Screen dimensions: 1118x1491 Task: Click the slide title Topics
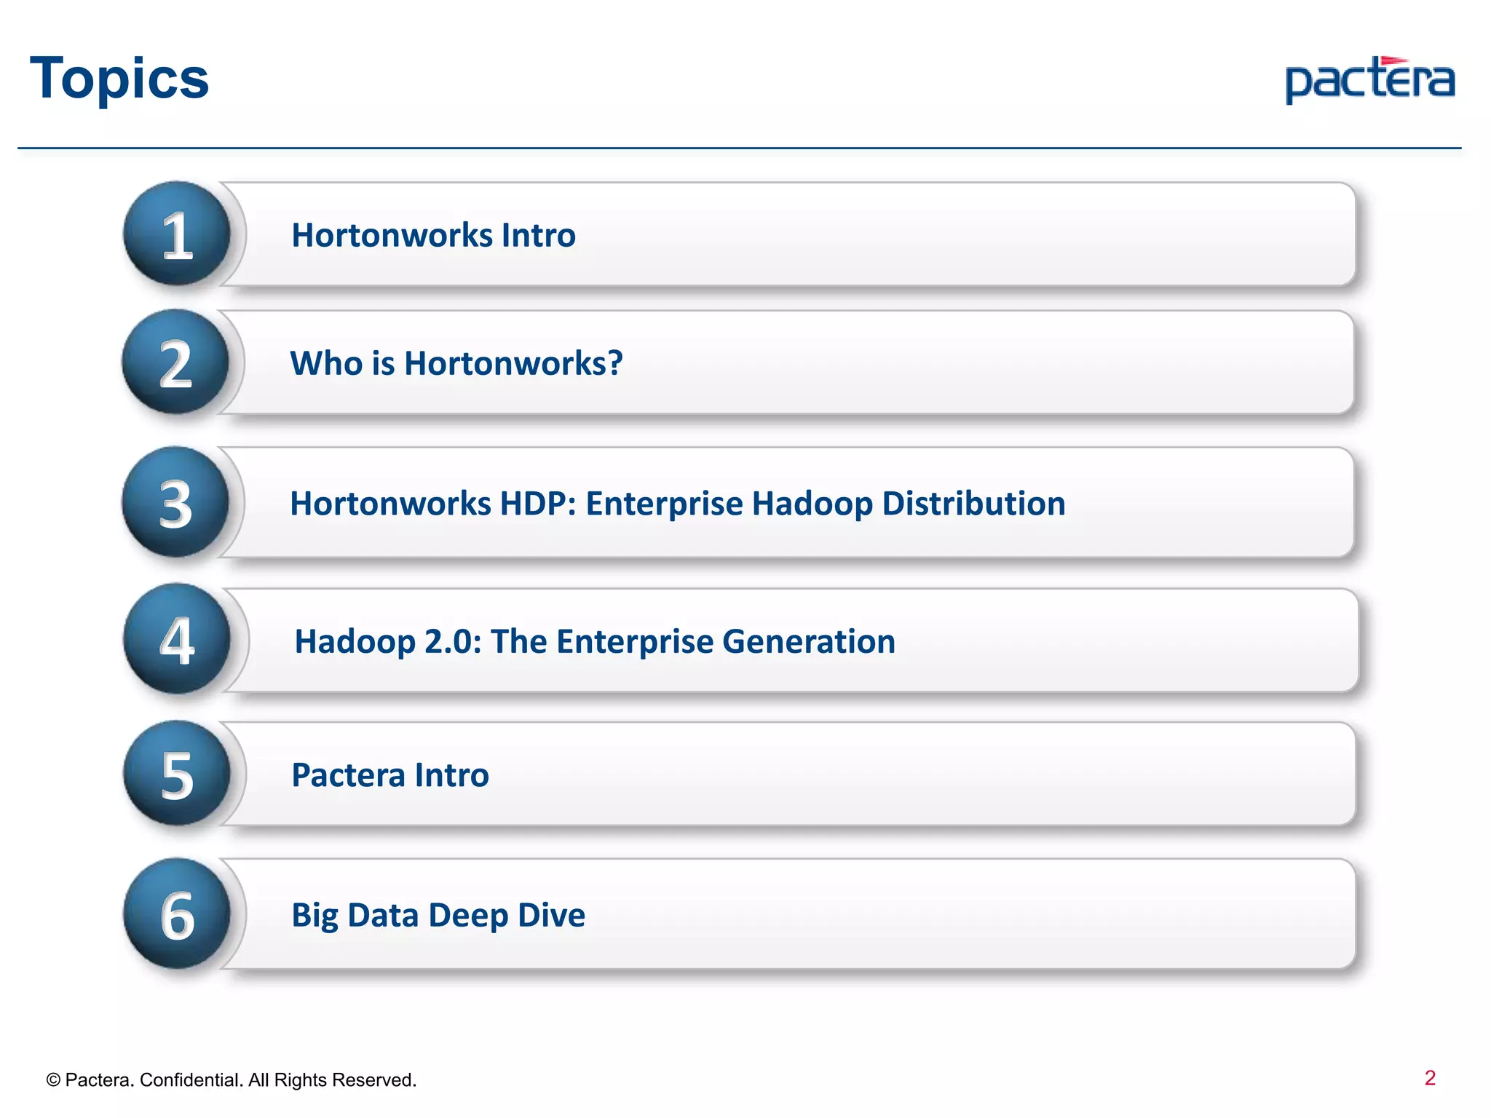click(x=119, y=79)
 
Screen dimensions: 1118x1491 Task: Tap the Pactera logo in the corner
click(x=1369, y=80)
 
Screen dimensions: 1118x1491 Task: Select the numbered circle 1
click(x=177, y=234)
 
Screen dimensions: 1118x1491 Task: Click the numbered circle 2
click(x=175, y=362)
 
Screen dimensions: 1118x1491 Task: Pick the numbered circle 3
click(x=175, y=503)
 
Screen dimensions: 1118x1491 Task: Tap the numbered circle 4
click(x=177, y=640)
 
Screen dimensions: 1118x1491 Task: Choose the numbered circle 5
click(x=177, y=774)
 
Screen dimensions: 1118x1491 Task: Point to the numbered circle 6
click(x=177, y=914)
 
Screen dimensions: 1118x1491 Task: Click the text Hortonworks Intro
click(x=433, y=235)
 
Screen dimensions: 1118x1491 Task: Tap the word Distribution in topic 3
click(x=973, y=504)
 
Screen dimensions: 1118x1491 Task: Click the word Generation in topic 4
click(x=808, y=641)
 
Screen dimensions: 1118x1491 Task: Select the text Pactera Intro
click(x=390, y=775)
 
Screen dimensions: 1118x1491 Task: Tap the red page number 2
click(x=1430, y=1078)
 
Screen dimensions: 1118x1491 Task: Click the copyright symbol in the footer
click(x=53, y=1080)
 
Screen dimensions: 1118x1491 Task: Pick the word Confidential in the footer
click(x=191, y=1080)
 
